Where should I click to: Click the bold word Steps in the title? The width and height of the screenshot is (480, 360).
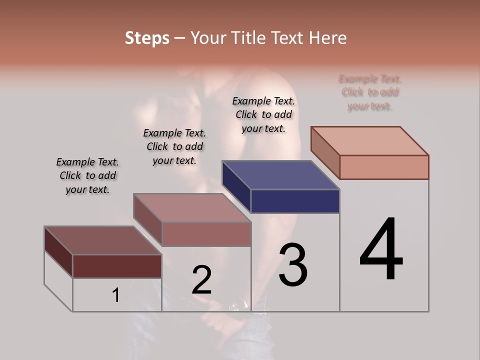point(147,38)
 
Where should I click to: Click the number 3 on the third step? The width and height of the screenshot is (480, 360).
point(293,265)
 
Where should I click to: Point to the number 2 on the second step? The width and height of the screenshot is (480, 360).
point(201,280)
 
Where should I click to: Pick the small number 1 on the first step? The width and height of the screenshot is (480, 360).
point(116,295)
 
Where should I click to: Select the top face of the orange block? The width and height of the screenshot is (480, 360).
point(370,140)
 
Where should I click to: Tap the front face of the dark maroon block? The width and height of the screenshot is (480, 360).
point(117,266)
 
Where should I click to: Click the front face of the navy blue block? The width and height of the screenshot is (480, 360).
point(295,201)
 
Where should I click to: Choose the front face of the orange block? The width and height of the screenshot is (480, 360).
point(384,167)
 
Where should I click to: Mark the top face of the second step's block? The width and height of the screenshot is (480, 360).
point(192,207)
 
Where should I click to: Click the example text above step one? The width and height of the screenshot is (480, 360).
point(87,175)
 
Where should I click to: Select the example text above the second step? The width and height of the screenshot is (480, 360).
point(174,146)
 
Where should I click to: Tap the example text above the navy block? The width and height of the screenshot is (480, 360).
point(263,114)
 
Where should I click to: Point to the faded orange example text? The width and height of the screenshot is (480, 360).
point(370,92)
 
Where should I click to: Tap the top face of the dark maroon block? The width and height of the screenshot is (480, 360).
point(102,240)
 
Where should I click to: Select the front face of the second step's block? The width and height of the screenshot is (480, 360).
point(206,234)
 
